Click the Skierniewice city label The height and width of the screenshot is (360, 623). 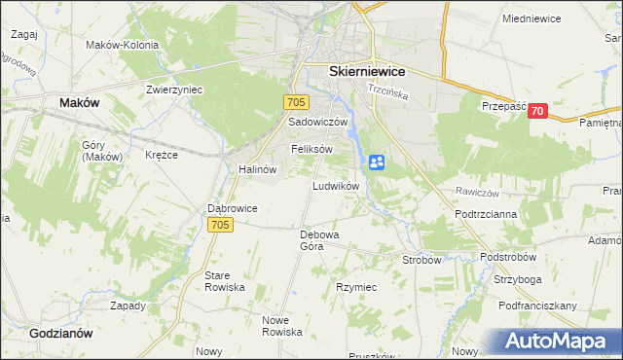point(367,71)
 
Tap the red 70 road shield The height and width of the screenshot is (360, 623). point(536,112)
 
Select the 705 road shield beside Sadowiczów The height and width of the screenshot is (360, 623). point(298,102)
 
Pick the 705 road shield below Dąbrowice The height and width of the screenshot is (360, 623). point(220,225)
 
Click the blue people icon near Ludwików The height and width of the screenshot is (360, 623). point(377,162)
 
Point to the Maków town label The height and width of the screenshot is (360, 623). point(80,101)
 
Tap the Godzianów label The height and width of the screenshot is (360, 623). point(60,332)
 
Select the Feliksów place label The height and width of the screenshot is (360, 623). point(311,149)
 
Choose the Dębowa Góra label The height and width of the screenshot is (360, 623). point(317,240)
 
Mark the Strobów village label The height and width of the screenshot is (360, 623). point(422,260)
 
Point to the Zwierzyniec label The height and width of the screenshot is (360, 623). point(173,89)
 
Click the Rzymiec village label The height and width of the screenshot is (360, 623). point(356,288)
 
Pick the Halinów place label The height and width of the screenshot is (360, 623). point(258,168)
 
